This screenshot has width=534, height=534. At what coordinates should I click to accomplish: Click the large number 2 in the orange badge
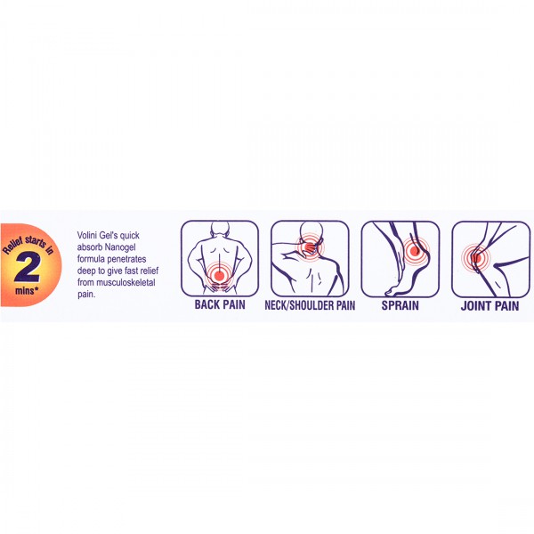(28, 268)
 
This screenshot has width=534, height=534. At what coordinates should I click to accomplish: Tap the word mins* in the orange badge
(27, 291)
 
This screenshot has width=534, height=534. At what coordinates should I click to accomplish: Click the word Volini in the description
(87, 235)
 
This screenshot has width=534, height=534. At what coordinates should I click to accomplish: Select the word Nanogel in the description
(120, 247)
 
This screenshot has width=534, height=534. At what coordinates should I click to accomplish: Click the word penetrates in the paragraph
(126, 259)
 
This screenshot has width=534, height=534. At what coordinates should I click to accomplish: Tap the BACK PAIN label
(220, 304)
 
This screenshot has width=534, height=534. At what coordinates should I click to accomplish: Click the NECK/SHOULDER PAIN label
(310, 305)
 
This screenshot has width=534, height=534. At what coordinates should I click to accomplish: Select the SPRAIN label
(400, 305)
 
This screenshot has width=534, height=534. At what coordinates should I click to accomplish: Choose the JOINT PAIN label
(490, 306)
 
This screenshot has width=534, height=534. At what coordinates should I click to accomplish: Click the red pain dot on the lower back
(219, 275)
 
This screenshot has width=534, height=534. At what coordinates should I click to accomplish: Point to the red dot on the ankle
(415, 251)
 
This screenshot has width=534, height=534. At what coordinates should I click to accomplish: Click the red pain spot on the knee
(475, 258)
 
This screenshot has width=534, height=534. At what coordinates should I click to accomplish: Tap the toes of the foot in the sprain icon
(390, 292)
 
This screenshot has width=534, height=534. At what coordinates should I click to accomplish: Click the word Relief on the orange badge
(13, 246)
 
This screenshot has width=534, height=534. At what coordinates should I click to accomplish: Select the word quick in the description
(129, 236)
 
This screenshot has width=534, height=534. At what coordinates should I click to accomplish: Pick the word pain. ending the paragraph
(86, 295)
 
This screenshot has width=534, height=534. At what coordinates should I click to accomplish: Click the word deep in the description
(86, 271)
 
